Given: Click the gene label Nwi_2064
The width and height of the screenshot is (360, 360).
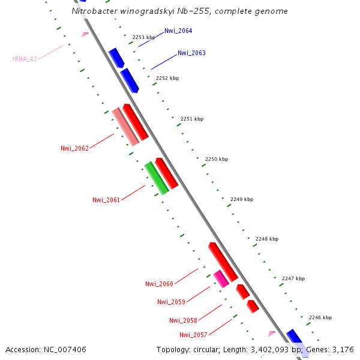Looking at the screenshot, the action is (178, 31).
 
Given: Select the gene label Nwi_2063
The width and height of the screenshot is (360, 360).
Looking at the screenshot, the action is (191, 53).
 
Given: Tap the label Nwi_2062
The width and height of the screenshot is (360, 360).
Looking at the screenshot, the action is (74, 148).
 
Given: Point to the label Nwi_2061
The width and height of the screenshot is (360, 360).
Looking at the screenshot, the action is (106, 200).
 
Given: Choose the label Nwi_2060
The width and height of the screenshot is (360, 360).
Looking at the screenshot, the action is (159, 284).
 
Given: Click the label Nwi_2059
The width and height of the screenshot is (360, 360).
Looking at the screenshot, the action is (171, 302).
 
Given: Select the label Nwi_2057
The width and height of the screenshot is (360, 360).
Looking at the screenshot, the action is (193, 334).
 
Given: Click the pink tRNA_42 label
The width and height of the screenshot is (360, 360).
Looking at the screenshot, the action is (25, 59).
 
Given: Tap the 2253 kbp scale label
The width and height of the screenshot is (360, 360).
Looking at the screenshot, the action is (144, 37).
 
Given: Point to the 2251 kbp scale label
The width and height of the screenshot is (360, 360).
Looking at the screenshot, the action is (192, 119).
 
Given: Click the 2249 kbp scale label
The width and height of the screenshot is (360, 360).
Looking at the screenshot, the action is (242, 199).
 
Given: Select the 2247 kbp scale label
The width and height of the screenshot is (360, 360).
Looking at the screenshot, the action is (293, 278).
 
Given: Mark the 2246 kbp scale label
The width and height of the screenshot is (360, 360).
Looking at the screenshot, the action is (320, 317).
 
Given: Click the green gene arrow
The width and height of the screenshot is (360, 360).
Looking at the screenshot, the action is (156, 178).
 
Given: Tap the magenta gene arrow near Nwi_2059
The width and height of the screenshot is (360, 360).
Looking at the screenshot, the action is (221, 278).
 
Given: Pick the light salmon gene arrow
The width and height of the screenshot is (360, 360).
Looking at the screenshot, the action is (125, 127).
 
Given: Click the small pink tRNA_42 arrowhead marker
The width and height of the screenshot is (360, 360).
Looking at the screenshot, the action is (85, 34).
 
